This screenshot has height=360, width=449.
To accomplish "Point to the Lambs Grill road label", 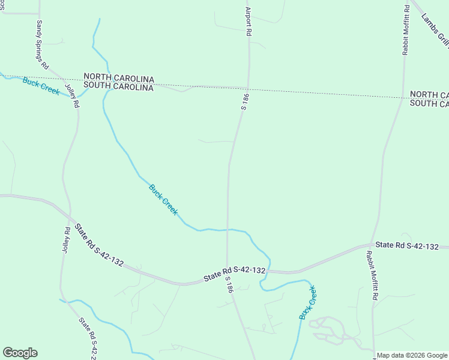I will (435, 30).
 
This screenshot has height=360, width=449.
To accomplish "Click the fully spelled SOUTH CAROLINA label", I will (119, 87).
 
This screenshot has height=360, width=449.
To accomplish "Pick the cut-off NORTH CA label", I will (429, 95).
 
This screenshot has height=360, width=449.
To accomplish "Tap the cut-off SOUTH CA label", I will (429, 103).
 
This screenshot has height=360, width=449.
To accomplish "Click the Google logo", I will (20, 353).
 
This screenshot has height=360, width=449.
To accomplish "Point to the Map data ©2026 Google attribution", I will (412, 355).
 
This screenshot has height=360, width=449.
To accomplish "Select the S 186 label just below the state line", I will (244, 101).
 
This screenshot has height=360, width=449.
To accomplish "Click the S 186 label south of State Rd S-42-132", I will (229, 284).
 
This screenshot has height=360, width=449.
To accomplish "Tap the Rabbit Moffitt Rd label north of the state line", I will (406, 30).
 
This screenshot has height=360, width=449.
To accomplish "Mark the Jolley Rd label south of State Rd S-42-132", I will (65, 240).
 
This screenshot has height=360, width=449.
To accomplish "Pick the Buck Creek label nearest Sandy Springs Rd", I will (41, 86).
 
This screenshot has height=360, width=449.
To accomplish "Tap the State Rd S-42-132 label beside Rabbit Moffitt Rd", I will (408, 245).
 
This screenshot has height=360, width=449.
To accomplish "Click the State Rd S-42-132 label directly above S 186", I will (234, 274).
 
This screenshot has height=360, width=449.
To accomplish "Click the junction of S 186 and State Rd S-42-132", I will (227, 277).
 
